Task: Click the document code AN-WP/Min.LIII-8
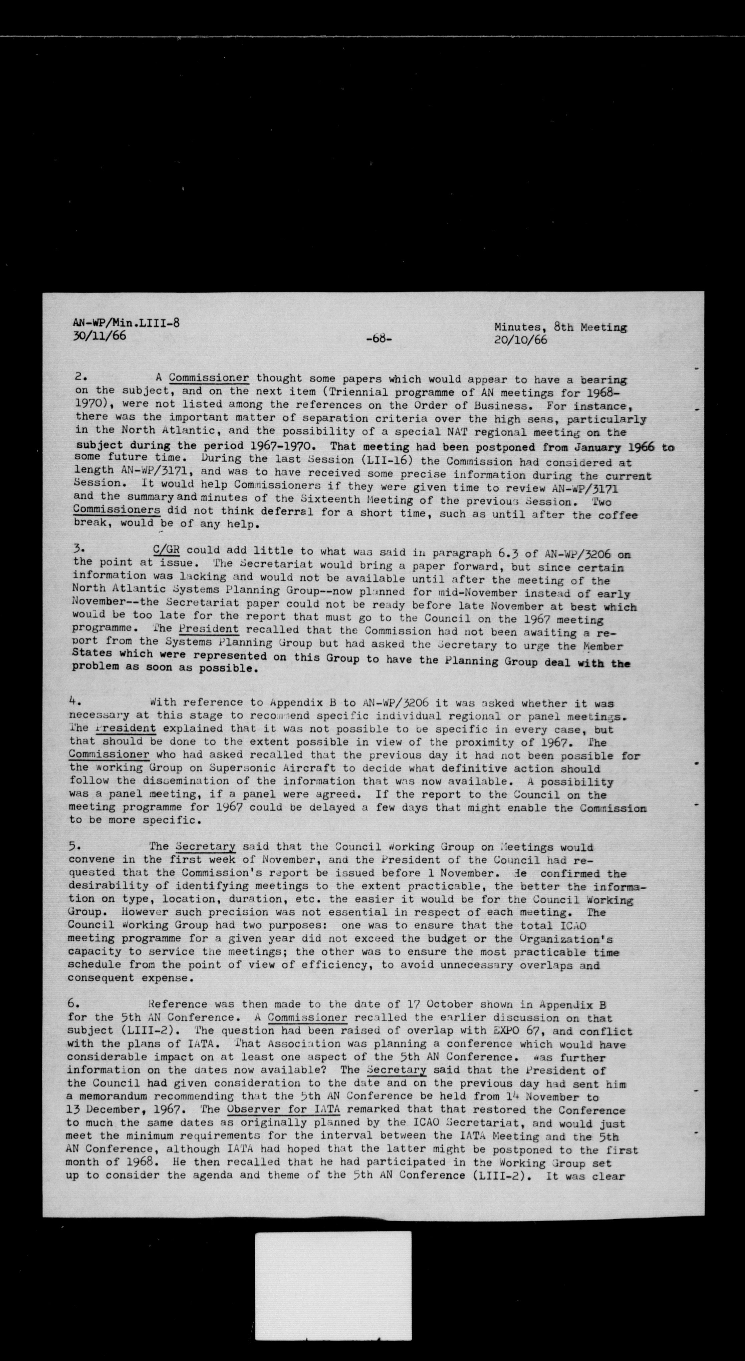point(126,323)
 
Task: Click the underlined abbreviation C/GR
point(166,550)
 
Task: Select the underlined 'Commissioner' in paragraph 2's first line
point(209,378)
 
